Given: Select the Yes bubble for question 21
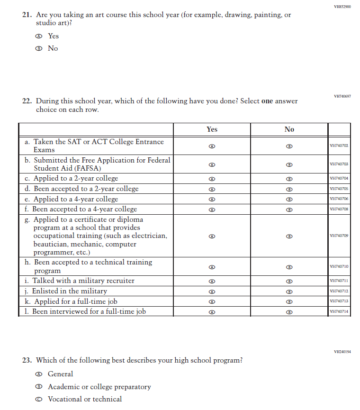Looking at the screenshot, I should (39, 36).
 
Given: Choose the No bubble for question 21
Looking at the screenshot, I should (39, 48).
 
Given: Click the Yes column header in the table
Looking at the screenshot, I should (212, 129).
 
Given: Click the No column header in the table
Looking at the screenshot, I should (289, 129).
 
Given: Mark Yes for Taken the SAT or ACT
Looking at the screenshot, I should (212, 146).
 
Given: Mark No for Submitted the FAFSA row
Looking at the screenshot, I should (289, 164).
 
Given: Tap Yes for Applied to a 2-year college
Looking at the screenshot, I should (212, 179).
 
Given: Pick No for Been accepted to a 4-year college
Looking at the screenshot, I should (289, 210).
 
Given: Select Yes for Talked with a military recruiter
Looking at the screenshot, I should (212, 281).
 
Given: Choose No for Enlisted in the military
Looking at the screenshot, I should (289, 292).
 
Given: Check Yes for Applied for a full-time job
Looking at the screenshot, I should (212, 302).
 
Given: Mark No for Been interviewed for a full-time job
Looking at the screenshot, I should (289, 312).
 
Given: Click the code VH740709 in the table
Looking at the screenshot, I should (339, 236).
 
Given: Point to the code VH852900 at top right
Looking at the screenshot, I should (342, 7).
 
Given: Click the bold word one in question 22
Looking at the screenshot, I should (267, 101).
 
